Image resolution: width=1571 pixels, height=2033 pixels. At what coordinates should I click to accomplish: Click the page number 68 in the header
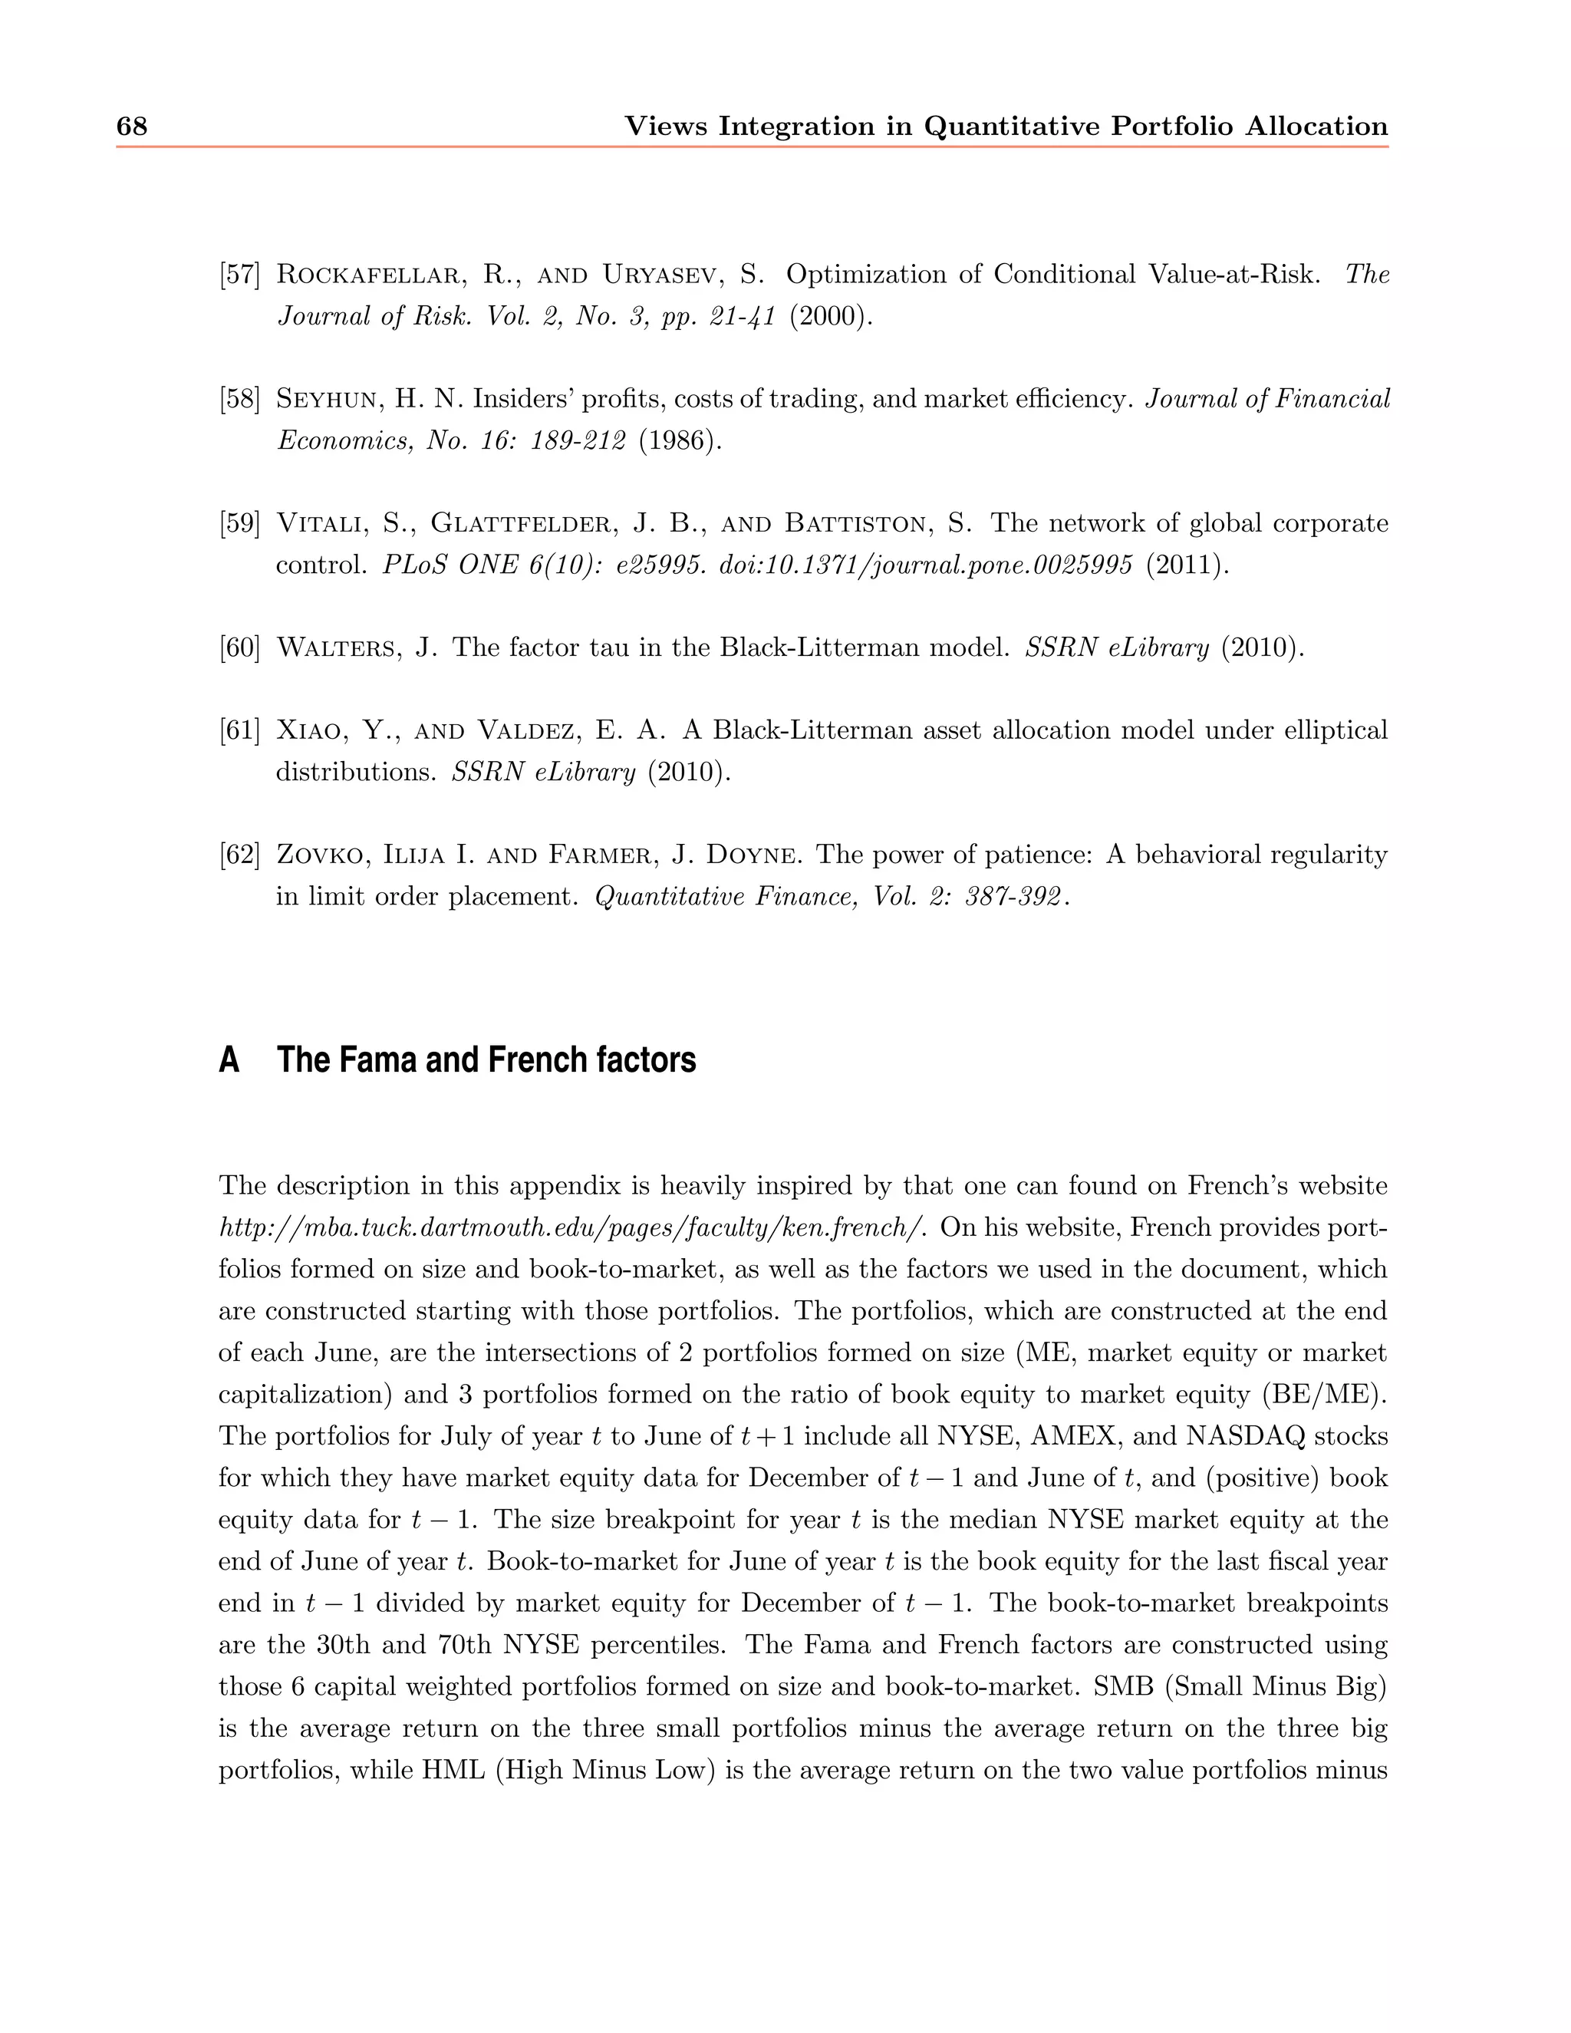[x=131, y=127]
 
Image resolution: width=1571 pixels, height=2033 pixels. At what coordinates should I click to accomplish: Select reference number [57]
[x=239, y=275]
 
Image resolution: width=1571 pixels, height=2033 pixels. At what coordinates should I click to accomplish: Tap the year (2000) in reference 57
[x=831, y=317]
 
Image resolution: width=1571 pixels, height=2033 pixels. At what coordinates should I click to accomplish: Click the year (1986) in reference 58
[x=680, y=440]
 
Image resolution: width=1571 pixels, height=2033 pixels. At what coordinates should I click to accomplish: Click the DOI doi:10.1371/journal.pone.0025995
[x=926, y=565]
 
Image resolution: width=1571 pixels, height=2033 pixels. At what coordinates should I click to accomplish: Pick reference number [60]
[x=239, y=648]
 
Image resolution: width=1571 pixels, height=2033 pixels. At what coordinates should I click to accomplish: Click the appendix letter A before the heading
[x=229, y=1060]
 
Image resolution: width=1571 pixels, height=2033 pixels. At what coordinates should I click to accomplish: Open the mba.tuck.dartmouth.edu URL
[x=572, y=1227]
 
